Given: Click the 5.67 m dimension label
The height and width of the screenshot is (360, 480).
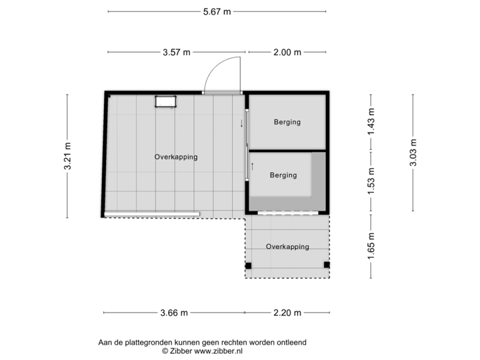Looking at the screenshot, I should pos(218,11).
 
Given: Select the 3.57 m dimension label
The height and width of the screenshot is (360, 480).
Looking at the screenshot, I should pos(177,52).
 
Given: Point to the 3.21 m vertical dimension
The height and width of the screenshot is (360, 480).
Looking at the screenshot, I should pos(67,156).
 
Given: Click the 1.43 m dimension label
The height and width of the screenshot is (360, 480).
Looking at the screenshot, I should pos(371,121).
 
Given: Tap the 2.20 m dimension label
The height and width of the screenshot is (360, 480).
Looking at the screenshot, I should pos(288,312).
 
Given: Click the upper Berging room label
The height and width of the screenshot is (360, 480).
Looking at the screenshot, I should pos(287,122).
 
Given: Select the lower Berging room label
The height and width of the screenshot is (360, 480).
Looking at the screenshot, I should pos(283,175).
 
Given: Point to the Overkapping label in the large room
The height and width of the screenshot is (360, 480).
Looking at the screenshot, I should pos(176,157).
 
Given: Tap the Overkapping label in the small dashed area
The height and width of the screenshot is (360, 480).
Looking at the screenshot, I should pos(287,247).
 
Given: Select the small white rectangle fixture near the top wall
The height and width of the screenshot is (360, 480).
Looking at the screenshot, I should pos(165,101).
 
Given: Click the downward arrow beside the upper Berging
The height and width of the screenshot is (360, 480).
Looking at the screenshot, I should pos(241,123).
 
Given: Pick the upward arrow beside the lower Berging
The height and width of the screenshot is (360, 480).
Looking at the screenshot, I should pos(252,165).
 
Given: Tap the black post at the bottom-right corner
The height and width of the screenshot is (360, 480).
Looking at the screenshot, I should pos(327,265).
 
